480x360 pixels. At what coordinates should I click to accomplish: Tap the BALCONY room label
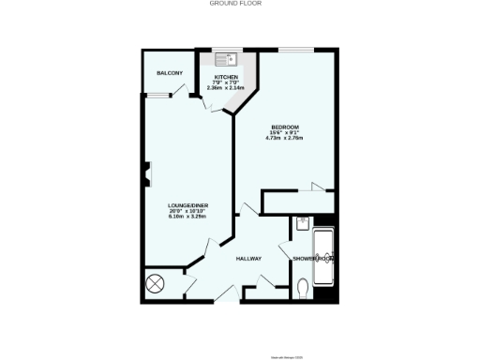point(169,72)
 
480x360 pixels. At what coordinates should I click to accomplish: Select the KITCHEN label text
point(227,77)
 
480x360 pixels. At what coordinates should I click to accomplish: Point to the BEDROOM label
point(285,127)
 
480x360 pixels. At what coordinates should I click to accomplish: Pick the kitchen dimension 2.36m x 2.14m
point(227,88)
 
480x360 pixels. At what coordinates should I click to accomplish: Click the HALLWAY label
point(248,259)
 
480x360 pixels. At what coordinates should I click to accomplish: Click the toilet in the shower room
point(301,287)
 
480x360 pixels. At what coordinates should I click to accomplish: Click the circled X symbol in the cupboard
point(156,283)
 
